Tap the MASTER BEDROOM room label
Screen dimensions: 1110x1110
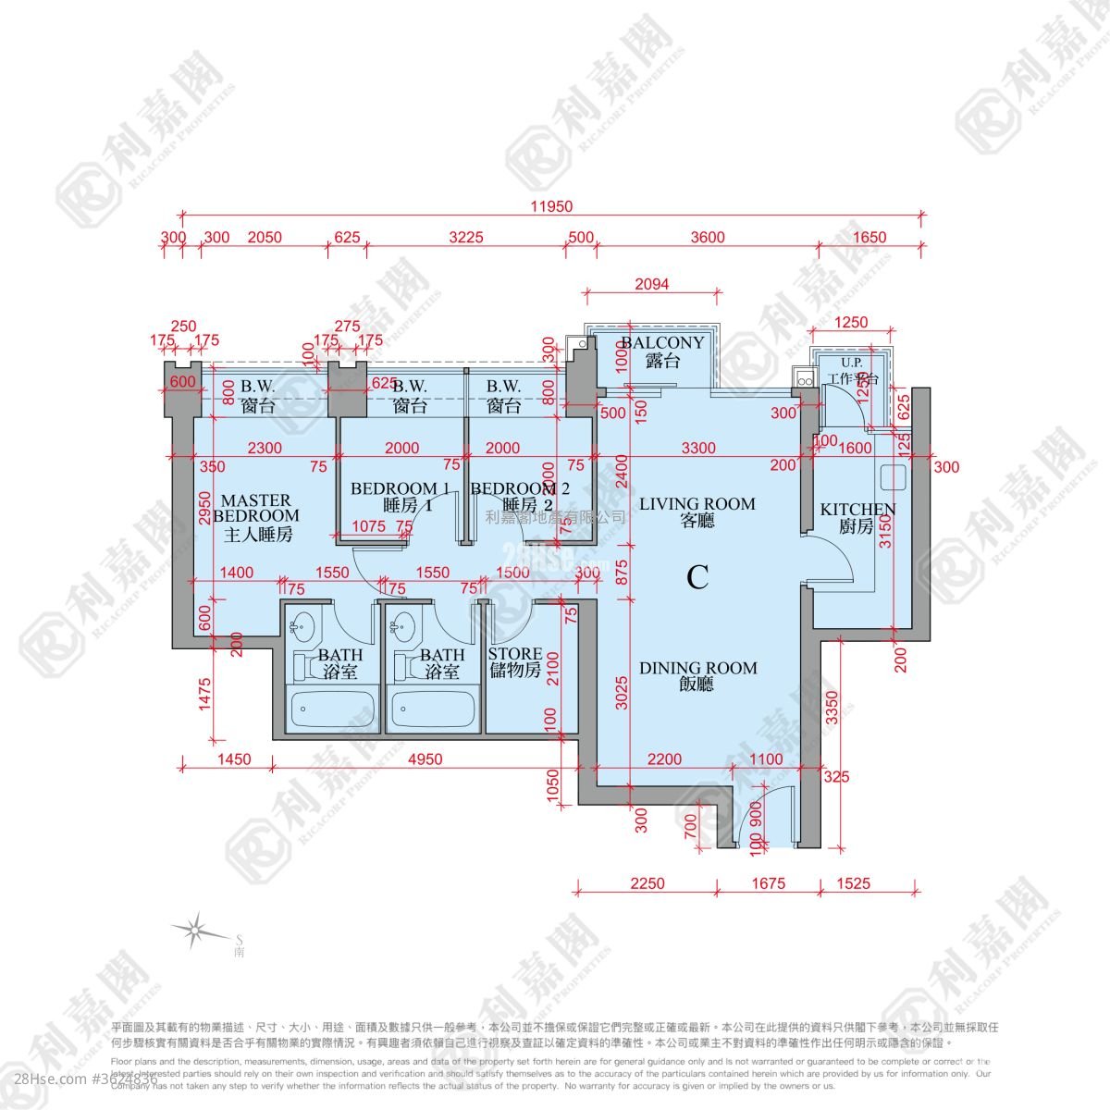pos(256,517)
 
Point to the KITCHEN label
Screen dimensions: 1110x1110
pos(857,517)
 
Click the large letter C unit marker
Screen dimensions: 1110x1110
pos(697,578)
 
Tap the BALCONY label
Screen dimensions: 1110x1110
pos(663,351)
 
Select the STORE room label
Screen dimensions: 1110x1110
pos(514,662)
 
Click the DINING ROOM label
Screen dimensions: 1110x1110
pos(697,676)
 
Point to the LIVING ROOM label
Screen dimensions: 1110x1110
pos(697,512)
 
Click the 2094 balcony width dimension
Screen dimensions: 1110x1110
pos(651,285)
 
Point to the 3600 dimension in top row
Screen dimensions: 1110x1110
pos(708,238)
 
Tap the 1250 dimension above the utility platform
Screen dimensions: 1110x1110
pos(851,322)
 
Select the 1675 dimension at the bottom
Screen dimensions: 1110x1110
pos(768,883)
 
